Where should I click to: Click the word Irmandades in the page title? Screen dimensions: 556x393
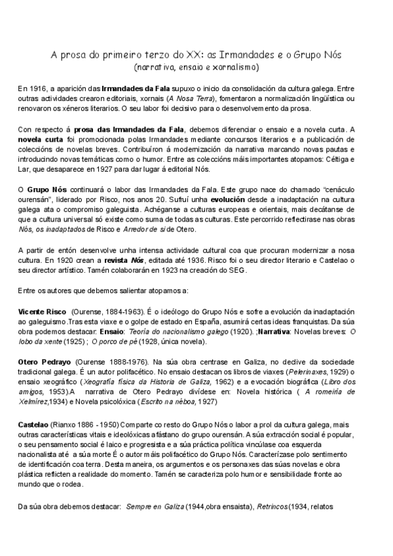click(x=246, y=54)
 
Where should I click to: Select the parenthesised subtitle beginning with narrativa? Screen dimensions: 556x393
click(x=196, y=67)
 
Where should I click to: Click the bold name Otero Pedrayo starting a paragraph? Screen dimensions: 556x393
click(x=43, y=361)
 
